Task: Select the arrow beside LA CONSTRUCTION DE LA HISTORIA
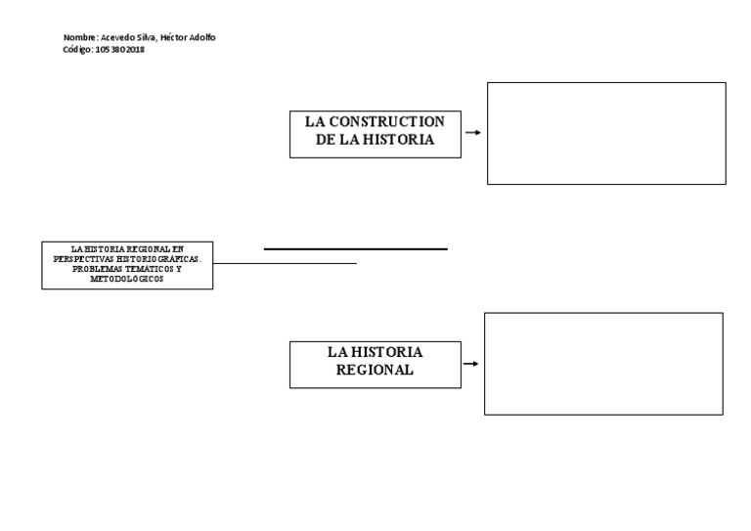(472, 133)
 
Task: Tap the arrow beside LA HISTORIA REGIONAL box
(470, 364)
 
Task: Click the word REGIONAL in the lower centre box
(375, 371)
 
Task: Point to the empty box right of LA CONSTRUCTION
(606, 133)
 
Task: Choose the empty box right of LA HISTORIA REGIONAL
(603, 364)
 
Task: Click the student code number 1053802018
(120, 50)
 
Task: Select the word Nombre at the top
(79, 38)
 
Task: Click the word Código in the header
(77, 50)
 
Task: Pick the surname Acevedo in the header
(119, 38)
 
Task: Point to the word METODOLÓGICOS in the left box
(127, 279)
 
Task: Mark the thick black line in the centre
(355, 249)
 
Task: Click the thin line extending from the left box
(285, 263)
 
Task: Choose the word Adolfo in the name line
(203, 38)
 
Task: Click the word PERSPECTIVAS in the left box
(84, 259)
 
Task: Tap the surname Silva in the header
(146, 38)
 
